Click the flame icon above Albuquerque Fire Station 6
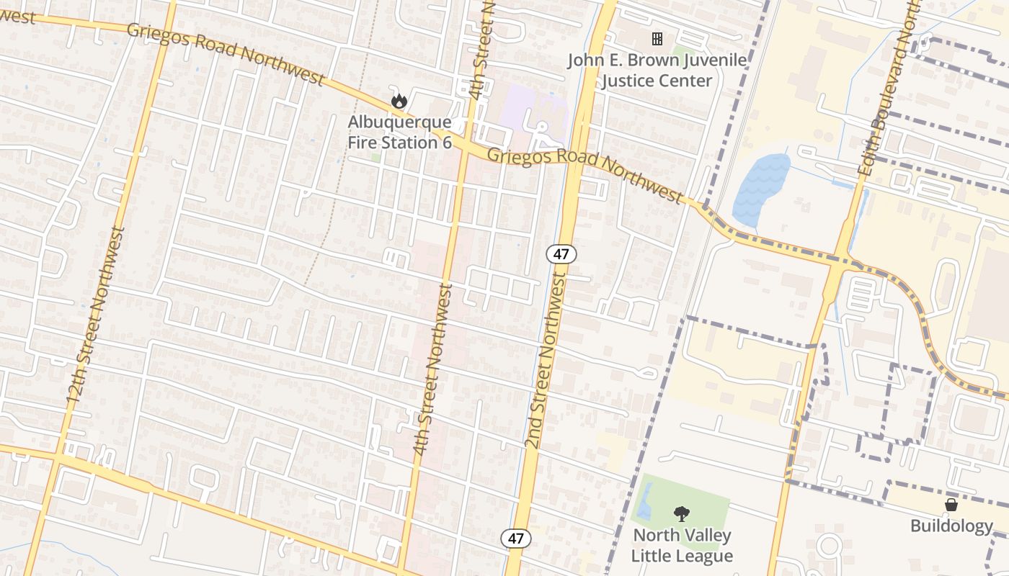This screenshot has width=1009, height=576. tap(399, 102)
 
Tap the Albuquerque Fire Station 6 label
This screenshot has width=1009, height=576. tap(399, 132)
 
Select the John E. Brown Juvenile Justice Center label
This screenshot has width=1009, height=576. tap(657, 70)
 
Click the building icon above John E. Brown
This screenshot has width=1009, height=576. tap(657, 39)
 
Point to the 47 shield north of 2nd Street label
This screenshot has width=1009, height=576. tap(561, 253)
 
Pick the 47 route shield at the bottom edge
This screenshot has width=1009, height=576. tap(516, 538)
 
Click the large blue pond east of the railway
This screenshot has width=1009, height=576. tap(760, 187)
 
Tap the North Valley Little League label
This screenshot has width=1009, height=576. tap(682, 546)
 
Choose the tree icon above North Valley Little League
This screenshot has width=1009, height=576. tap(681, 513)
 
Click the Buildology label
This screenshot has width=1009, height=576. tap(951, 526)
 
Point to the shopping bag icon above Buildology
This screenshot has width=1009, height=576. tap(951, 505)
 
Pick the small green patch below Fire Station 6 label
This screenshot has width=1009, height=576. tap(375, 157)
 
